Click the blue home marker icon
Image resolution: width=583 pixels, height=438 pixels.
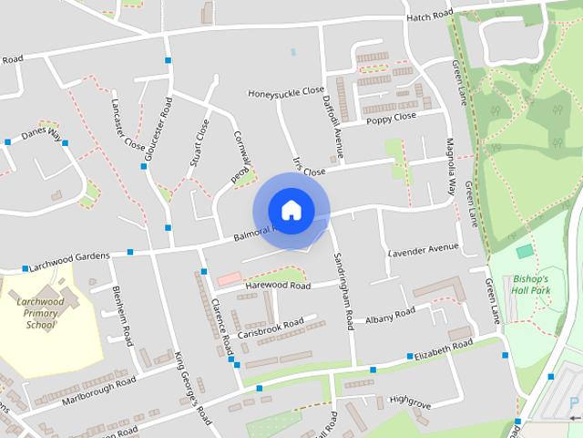coord(291,210)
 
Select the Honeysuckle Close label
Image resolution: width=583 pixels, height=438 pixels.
coord(286,92)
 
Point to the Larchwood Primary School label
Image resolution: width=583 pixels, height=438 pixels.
coord(41,312)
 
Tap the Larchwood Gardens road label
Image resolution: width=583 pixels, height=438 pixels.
coord(69,259)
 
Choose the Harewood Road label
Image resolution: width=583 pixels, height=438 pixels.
coord(278,286)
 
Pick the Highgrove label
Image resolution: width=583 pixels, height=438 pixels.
coord(408,400)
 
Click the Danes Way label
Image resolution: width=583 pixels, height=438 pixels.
coord(41,133)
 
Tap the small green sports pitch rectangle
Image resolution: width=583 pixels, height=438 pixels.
coord(524,250)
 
